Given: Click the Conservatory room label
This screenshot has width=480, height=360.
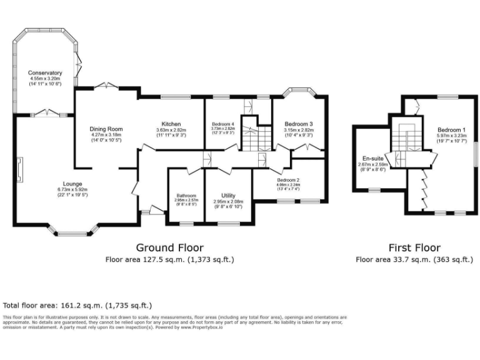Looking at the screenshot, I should pyautogui.click(x=45, y=73).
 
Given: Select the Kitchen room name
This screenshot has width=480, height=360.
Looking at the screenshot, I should pyautogui.click(x=171, y=123).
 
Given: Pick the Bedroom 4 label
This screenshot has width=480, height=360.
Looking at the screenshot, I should pyautogui.click(x=222, y=124).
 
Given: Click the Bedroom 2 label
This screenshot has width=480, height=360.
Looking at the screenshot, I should pyautogui.click(x=289, y=181).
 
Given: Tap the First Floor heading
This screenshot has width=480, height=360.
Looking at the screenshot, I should pyautogui.click(x=414, y=247).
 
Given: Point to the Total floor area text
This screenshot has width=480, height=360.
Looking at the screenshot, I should pyautogui.click(x=77, y=306).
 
